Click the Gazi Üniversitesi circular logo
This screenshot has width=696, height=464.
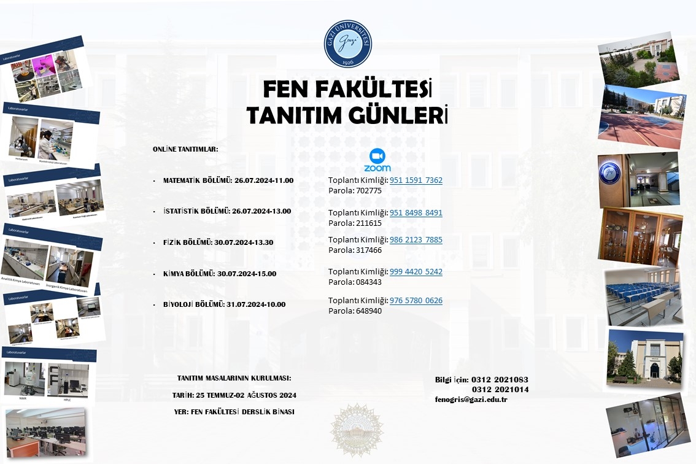pyautogui.click(x=347, y=44)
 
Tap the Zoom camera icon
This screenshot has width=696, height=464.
pyautogui.click(x=377, y=155)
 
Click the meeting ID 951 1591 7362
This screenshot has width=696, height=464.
pyautogui.click(x=416, y=180)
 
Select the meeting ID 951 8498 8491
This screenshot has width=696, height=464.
pyautogui.click(x=416, y=213)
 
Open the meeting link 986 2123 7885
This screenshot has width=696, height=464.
pyautogui.click(x=416, y=240)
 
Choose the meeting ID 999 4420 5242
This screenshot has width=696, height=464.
pyautogui.click(x=416, y=272)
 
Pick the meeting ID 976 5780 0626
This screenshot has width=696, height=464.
pyautogui.click(x=416, y=301)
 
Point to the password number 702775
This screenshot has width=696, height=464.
pyautogui.click(x=369, y=191)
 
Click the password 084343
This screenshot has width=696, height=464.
pyautogui.click(x=369, y=282)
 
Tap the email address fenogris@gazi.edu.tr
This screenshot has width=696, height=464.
pyautogui.click(x=471, y=400)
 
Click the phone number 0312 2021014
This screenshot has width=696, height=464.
pyautogui.click(x=500, y=390)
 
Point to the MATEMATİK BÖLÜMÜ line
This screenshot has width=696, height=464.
pyautogui.click(x=228, y=181)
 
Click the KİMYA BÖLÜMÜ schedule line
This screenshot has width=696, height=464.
pyautogui.click(x=220, y=274)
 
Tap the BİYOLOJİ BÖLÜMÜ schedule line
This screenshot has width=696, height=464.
pyautogui.click(x=224, y=304)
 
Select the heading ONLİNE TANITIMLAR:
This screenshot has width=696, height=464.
pyautogui.click(x=185, y=149)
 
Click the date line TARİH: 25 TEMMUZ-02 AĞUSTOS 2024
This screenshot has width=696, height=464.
pyautogui.click(x=234, y=395)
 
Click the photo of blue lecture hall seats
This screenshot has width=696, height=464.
pyautogui.click(x=643, y=296)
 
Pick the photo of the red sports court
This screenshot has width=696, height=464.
pyautogui.click(x=641, y=118)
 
